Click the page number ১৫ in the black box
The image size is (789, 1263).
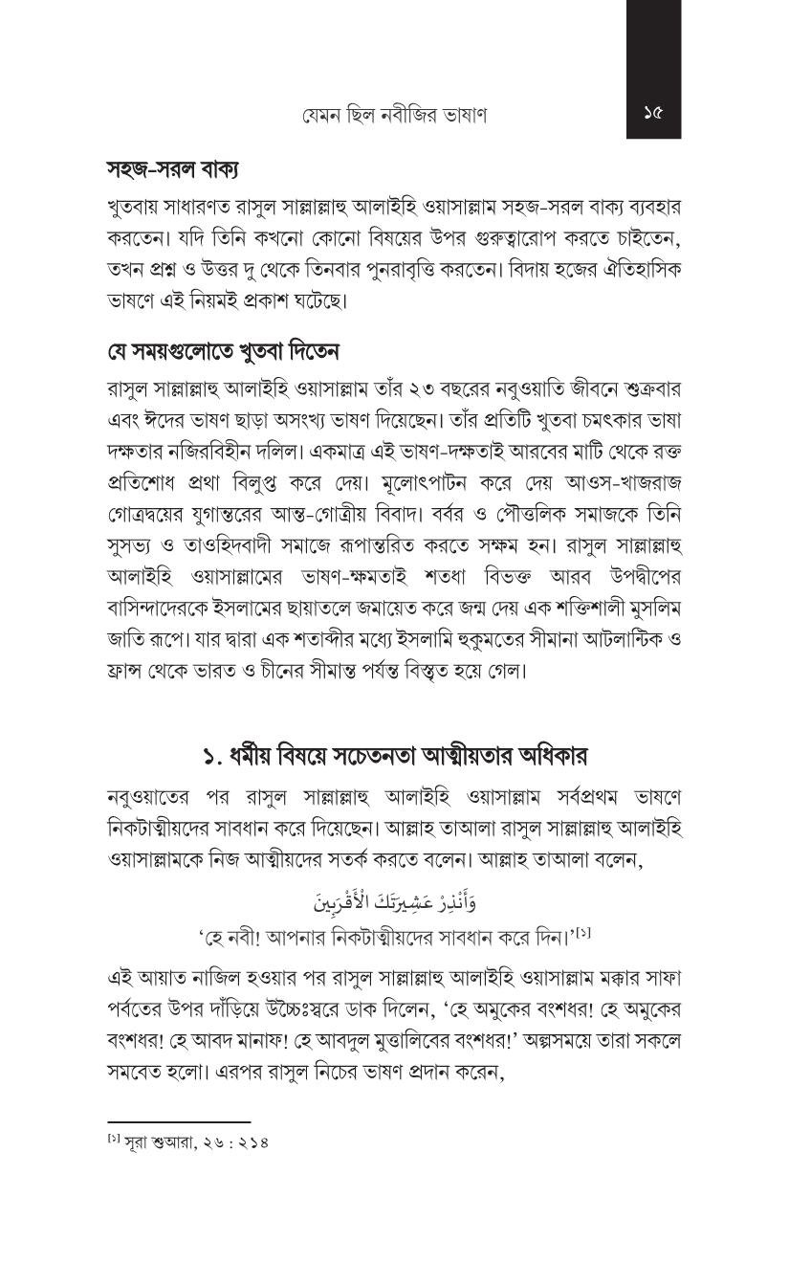[x=653, y=114]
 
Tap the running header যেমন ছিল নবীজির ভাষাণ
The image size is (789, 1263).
[x=394, y=115]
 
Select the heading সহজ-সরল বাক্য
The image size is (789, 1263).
[x=172, y=169]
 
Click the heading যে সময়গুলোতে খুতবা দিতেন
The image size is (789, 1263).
[x=223, y=351]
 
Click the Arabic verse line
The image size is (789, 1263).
[x=393, y=901]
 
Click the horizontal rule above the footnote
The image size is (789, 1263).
[x=179, y=1121]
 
